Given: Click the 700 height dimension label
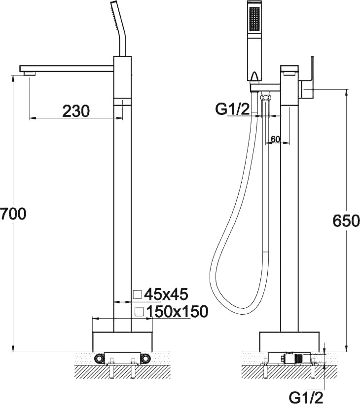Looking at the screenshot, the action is click(13, 214).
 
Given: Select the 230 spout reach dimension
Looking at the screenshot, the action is click(76, 111).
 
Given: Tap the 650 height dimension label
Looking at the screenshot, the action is click(346, 221).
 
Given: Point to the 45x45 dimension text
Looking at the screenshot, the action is click(166, 294).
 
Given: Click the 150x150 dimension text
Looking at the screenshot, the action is click(177, 311).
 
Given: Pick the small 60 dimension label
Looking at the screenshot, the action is click(276, 139).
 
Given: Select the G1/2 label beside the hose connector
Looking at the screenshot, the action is click(233, 109).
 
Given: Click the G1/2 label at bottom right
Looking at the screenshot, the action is click(306, 398).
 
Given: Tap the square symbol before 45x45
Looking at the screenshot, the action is click(137, 294).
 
